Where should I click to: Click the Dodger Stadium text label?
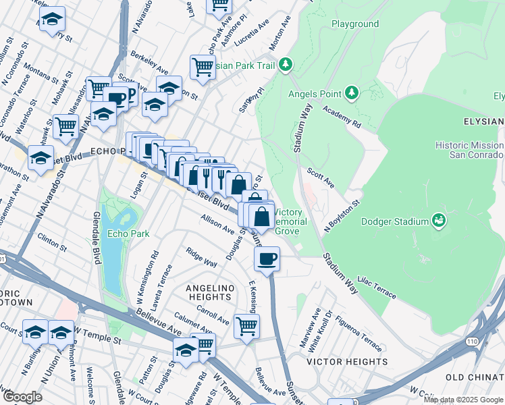[395, 221]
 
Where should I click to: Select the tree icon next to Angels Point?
[351, 92]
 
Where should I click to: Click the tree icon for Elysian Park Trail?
[286, 65]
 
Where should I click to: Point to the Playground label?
[355, 24]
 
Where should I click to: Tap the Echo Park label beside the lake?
[123, 235]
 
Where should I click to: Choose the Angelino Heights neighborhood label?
[209, 292]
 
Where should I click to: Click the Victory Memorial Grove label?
[291, 221]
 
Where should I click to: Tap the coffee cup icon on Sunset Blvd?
[267, 258]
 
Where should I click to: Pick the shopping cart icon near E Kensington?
[246, 326]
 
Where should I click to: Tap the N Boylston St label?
[344, 211]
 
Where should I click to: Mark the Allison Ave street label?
[217, 224]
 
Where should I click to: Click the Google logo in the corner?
[22, 398]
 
